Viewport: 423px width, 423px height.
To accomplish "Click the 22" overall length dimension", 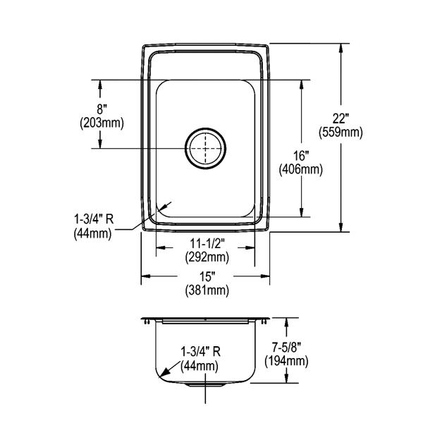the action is (x=341, y=118).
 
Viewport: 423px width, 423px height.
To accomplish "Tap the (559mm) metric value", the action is (x=341, y=133).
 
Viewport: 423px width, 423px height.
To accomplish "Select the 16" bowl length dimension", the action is (x=301, y=156).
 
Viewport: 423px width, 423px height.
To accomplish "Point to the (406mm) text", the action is (x=301, y=170).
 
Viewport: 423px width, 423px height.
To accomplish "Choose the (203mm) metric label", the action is (x=102, y=123).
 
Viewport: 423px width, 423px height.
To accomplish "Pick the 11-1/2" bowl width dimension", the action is (x=207, y=244).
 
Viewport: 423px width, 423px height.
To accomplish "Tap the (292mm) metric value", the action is (x=207, y=257).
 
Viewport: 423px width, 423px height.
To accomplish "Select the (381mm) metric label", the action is (x=207, y=290).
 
